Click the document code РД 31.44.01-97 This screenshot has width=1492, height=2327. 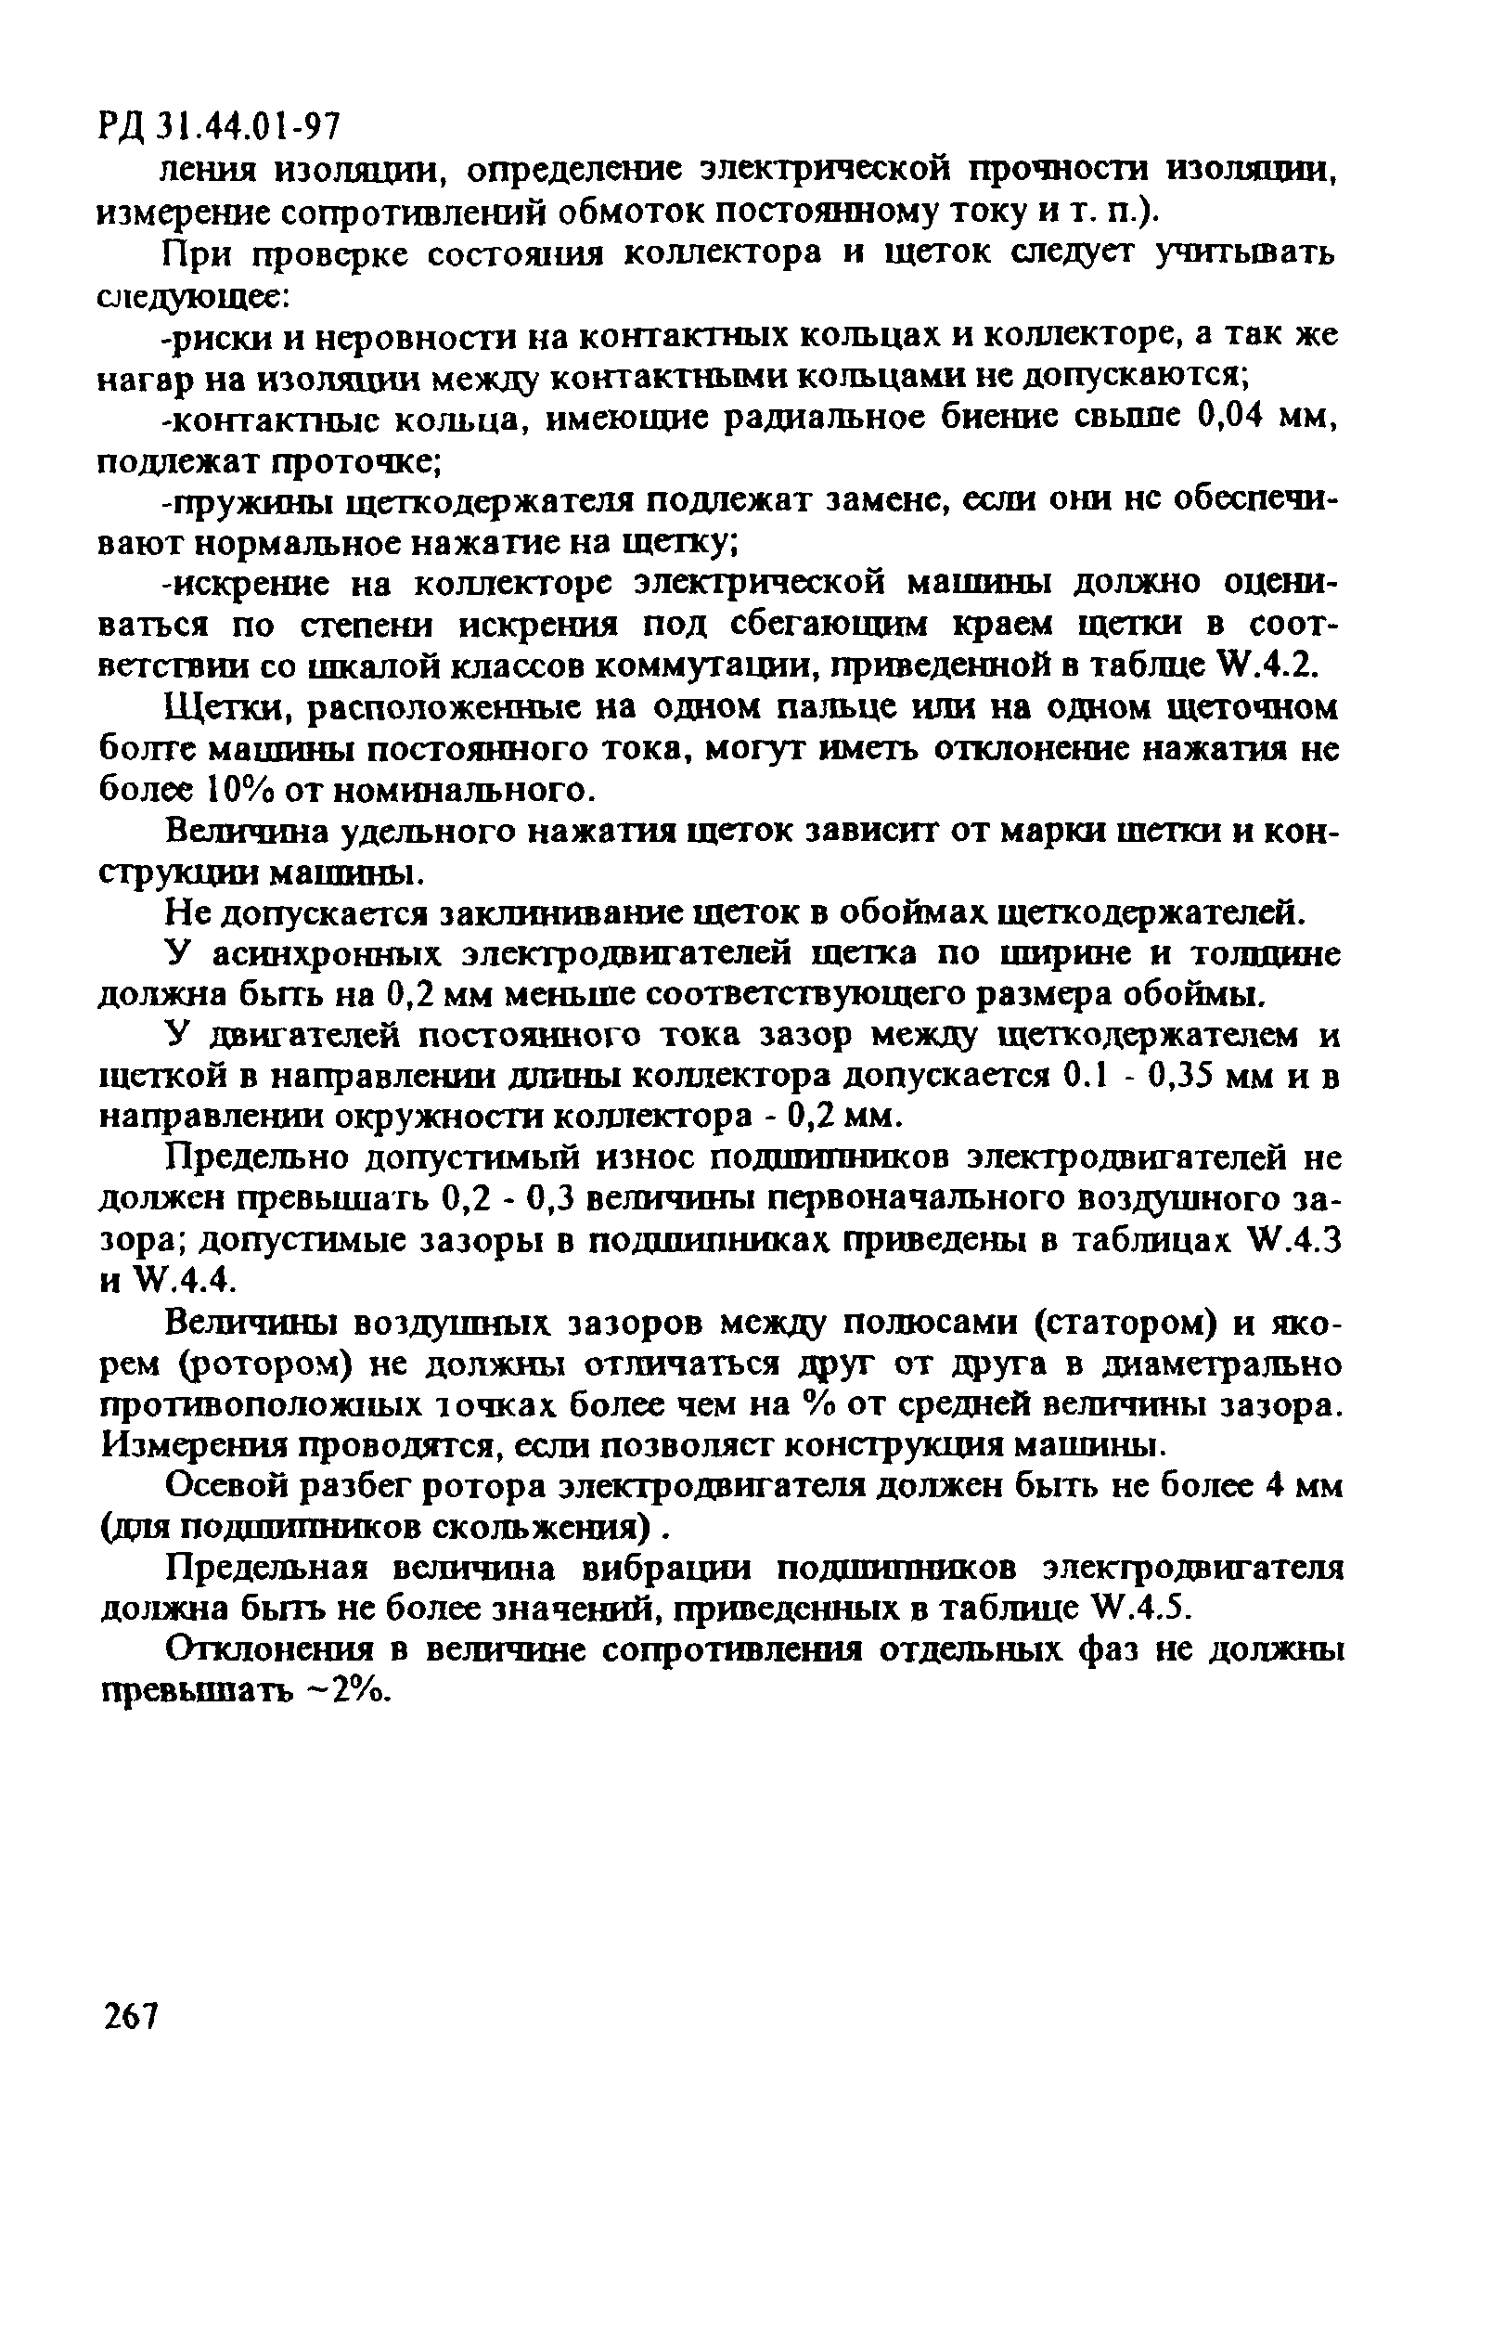(220, 126)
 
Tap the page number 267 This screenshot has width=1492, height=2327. (130, 2017)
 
